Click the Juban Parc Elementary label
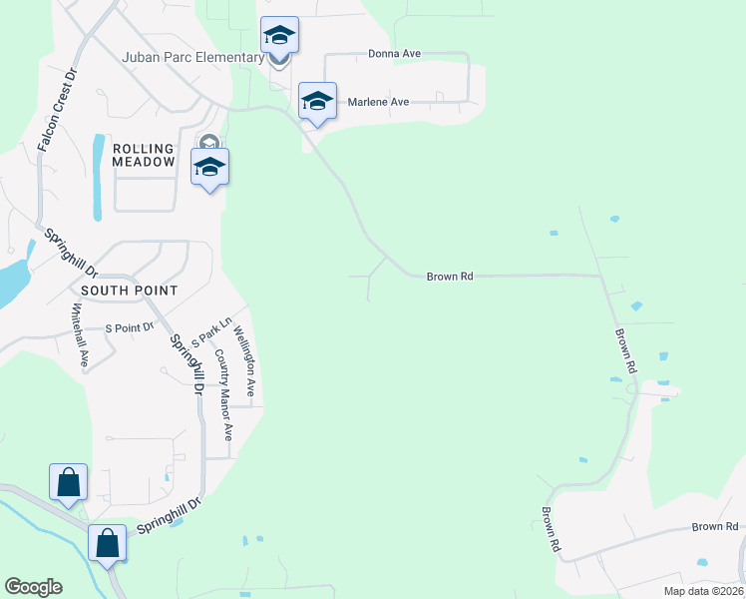(194, 57)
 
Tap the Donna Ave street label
(392, 54)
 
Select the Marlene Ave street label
(378, 102)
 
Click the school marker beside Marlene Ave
(317, 100)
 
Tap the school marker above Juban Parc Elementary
(279, 36)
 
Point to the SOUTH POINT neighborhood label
(130, 291)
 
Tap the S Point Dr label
(130, 327)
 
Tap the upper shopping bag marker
(68, 482)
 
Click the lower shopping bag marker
(108, 543)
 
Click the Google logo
(33, 587)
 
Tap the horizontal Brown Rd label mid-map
(449, 277)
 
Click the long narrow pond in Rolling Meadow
(98, 178)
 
